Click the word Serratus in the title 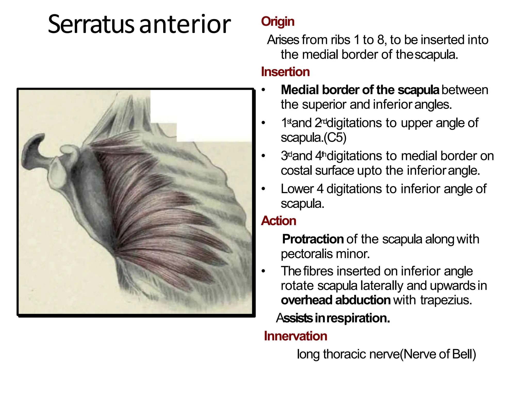click(x=91, y=24)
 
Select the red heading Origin click(x=278, y=21)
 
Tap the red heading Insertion click(x=285, y=72)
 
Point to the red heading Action click(x=278, y=221)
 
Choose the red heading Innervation click(x=295, y=336)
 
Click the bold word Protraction click(x=313, y=239)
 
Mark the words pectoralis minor click(x=325, y=254)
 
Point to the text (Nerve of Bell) click(x=438, y=354)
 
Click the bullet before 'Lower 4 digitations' click(x=263, y=189)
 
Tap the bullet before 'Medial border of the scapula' click(x=263, y=90)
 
